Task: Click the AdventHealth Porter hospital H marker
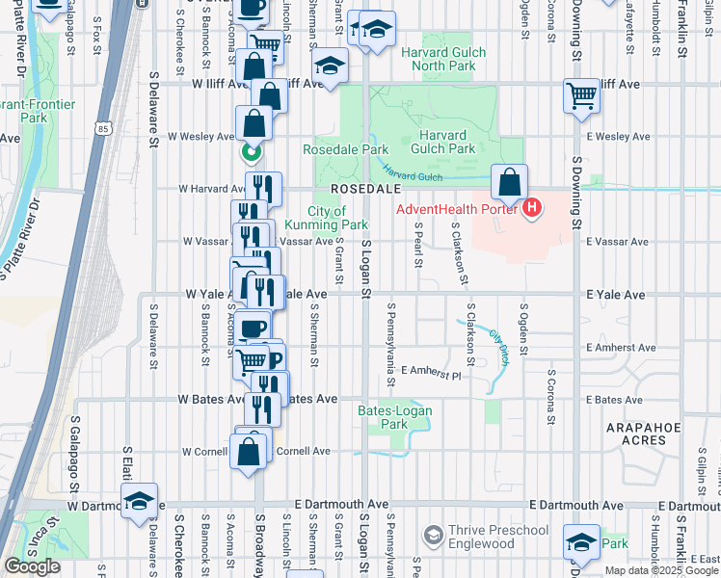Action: (531, 208)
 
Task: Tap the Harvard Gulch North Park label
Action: (443, 59)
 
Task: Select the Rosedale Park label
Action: (345, 149)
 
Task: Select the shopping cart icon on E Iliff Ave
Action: (582, 95)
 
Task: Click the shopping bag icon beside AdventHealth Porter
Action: (509, 181)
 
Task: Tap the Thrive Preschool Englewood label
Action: (498, 537)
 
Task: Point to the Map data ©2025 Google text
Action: (661, 570)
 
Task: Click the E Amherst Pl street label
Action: (432, 370)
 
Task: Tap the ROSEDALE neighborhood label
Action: (359, 189)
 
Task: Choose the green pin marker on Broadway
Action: (250, 152)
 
